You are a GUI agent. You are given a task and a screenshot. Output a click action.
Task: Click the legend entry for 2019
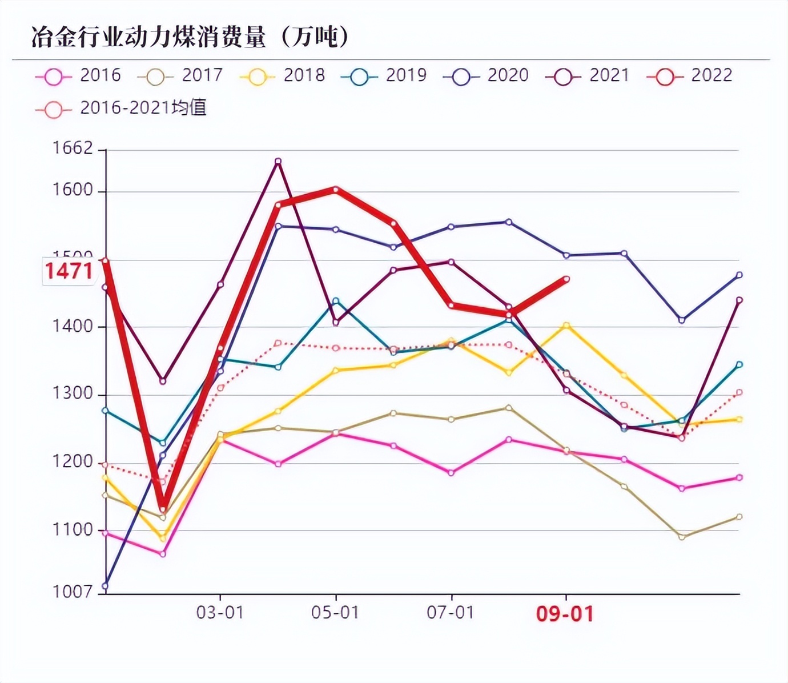point(384,75)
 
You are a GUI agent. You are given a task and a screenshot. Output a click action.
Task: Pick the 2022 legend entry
point(690,75)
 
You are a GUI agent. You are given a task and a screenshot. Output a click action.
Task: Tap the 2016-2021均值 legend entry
point(121,108)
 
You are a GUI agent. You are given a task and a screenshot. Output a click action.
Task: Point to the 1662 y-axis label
point(73,148)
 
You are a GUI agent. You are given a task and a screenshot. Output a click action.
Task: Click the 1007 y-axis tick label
point(73,592)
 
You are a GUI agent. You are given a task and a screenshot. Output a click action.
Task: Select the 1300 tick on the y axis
point(73,394)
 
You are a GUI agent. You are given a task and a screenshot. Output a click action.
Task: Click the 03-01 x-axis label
point(220,613)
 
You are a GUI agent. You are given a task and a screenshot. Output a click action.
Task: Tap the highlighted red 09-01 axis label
point(565,614)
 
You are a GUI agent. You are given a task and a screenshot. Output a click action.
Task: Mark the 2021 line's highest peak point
point(278,162)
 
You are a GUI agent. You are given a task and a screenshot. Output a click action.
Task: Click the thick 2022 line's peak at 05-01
point(336,189)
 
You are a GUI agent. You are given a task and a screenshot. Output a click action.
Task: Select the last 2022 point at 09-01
point(566,279)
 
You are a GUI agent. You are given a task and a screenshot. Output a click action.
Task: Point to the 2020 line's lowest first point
point(105,586)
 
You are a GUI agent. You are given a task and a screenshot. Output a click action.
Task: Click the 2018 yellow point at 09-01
point(566,326)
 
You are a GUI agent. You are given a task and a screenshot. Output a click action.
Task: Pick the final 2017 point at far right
point(739,517)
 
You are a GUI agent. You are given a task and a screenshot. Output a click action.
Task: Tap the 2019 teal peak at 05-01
point(336,300)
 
